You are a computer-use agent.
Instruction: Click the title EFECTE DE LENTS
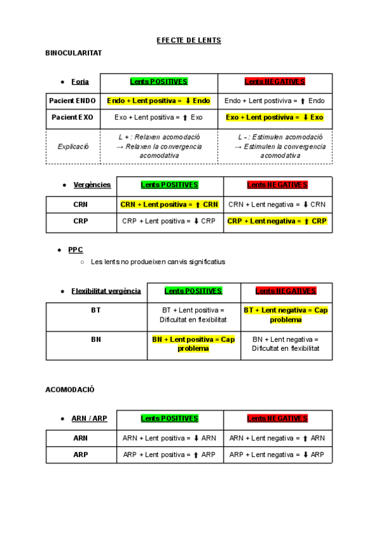189,40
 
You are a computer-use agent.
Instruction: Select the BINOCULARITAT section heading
74,53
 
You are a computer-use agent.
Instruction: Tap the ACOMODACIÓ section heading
69,389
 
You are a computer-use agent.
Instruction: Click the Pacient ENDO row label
73,100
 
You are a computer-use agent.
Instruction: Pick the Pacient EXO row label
73,118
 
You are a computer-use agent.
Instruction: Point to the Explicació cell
73,147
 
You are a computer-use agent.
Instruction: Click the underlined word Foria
80,82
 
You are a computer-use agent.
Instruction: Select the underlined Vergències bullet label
92,185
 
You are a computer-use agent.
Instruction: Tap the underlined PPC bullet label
75,250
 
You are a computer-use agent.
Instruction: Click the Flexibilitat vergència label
106,291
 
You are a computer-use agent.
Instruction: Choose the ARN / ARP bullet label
89,418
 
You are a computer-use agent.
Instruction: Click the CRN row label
80,204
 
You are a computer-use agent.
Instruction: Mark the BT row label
96,310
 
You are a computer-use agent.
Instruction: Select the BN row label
96,339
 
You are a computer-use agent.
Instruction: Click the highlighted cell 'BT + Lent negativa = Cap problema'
286,315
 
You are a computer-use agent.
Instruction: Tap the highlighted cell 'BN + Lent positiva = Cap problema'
193,344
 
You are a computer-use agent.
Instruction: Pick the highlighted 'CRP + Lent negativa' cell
277,221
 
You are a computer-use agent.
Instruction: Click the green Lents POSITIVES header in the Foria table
159,82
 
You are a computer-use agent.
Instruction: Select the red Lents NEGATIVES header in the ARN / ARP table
277,418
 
